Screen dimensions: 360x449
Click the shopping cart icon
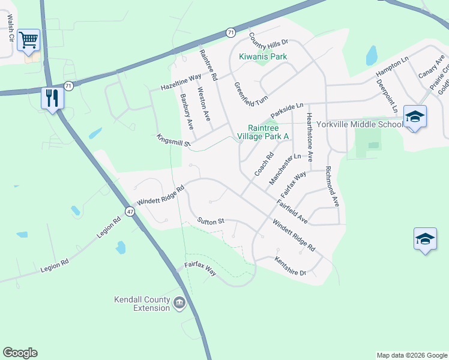coord(28,40)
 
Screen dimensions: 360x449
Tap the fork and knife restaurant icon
coord(52,97)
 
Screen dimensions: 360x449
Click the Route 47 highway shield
coord(130,211)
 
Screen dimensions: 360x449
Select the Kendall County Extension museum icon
coord(179,304)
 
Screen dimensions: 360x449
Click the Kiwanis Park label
coord(263,56)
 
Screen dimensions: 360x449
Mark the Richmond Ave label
coord(332,187)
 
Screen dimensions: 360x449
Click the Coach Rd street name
coord(264,164)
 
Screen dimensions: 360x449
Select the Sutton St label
coord(210,221)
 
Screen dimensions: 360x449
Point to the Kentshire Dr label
coord(291,266)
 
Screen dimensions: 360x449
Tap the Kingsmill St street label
coord(173,140)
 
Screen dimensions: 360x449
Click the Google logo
coord(20,353)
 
